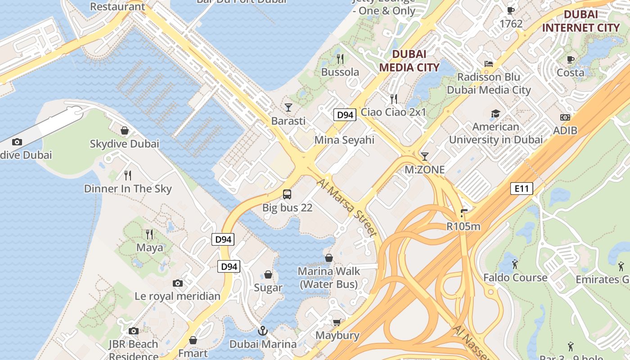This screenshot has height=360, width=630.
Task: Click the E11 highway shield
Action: click(522, 189)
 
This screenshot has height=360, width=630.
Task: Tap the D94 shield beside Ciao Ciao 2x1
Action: click(345, 115)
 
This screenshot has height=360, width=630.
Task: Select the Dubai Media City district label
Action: click(409, 61)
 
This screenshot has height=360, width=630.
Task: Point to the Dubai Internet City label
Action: click(580, 21)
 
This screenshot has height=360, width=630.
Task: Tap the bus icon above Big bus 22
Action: click(287, 194)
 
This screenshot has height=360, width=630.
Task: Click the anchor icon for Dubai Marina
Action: click(263, 331)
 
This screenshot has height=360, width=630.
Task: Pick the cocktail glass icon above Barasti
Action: click(288, 108)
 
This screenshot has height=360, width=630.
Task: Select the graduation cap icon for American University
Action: click(495, 113)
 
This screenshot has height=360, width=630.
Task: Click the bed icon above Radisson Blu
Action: click(489, 63)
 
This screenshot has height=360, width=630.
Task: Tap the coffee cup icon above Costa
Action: click(571, 59)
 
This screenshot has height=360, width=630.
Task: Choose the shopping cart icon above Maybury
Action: click(337, 322)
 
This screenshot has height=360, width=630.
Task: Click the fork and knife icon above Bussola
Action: click(340, 58)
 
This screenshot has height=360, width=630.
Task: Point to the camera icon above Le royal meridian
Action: click(178, 283)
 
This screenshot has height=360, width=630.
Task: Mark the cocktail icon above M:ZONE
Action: click(424, 157)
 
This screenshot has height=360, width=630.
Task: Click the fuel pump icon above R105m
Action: click(464, 213)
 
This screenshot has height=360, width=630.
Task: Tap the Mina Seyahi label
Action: click(344, 140)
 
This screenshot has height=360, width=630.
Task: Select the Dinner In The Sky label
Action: click(128, 189)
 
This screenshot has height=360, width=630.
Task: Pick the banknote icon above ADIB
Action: click(565, 117)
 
